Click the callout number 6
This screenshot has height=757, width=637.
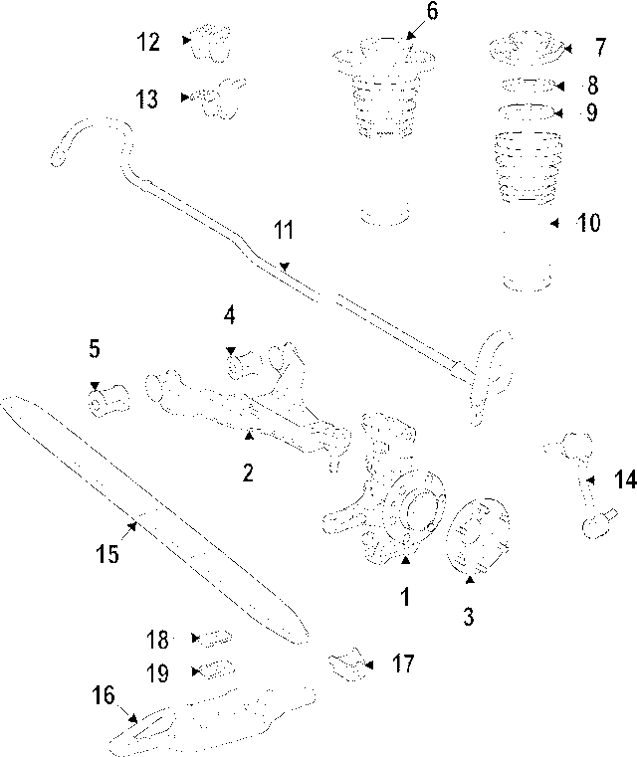[x=404, y=11]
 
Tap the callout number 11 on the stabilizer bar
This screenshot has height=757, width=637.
[x=285, y=232]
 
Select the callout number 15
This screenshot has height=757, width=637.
[x=107, y=553]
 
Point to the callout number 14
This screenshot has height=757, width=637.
[x=624, y=480]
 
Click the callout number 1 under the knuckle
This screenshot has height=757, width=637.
[x=405, y=597]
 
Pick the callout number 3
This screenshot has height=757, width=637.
[x=468, y=617]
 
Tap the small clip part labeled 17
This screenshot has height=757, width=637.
[x=343, y=663]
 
